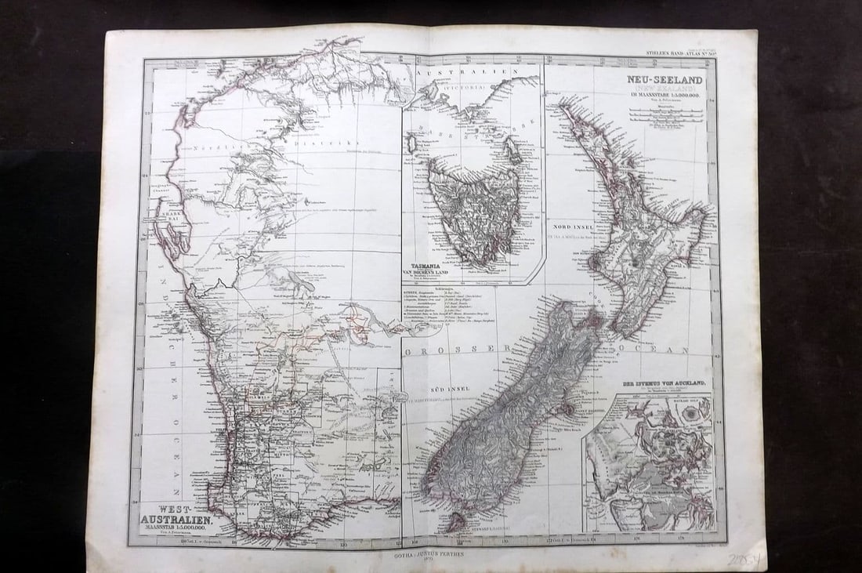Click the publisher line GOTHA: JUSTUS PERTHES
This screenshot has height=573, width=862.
tap(432, 553)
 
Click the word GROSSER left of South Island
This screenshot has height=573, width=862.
tap(449, 347)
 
